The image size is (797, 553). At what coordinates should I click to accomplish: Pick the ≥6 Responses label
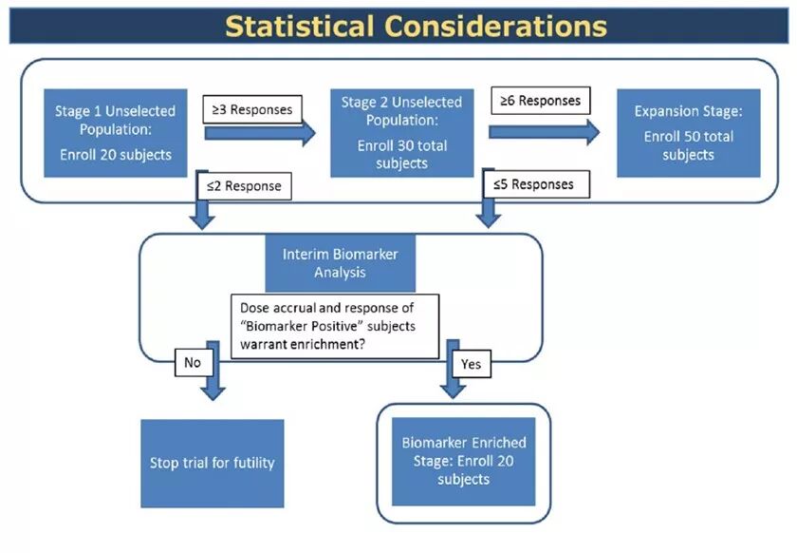[537, 99]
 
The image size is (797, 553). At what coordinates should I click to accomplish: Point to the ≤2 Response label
[243, 186]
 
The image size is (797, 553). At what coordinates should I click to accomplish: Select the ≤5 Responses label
[534, 184]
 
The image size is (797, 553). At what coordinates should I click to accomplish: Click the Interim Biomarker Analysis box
[341, 263]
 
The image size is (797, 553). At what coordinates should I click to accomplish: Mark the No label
[193, 362]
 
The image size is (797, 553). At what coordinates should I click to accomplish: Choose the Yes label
[471, 363]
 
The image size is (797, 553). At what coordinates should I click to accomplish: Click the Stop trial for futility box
[212, 463]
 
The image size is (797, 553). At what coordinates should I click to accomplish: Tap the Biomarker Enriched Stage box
[463, 460]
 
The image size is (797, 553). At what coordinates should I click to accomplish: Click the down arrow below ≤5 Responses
[488, 212]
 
